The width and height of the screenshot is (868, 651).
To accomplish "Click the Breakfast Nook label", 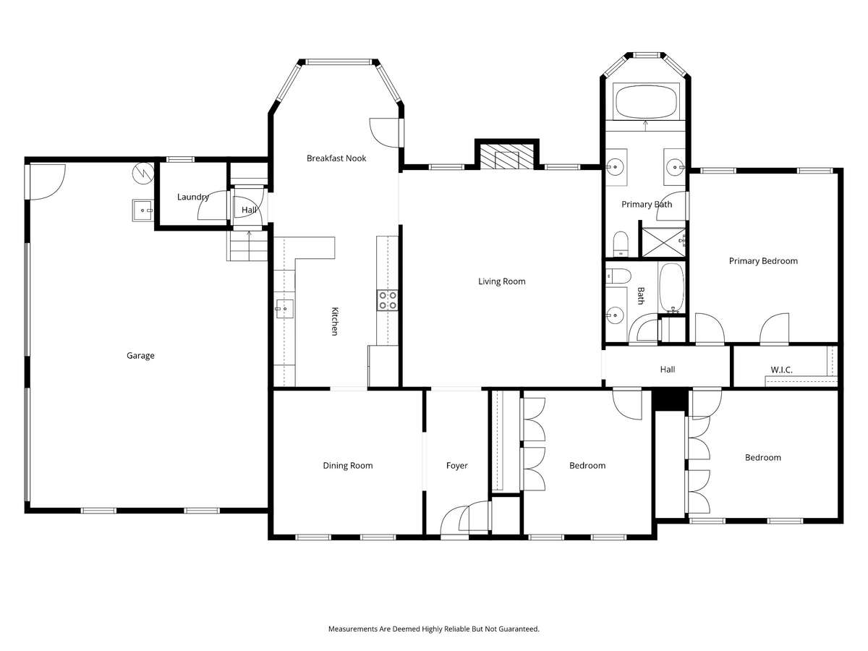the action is [x=336, y=158].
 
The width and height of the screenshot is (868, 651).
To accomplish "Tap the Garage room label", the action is [x=140, y=355].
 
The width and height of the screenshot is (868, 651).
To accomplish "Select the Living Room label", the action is [x=502, y=281].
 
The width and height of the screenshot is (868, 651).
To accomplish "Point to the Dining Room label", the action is [x=348, y=465].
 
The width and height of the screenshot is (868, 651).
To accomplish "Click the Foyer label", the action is [x=456, y=466].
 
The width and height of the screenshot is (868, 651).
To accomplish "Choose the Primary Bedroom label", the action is [x=763, y=261].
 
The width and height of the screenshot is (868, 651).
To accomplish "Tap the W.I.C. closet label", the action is [x=781, y=370].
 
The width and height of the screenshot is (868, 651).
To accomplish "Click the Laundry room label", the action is [x=193, y=197].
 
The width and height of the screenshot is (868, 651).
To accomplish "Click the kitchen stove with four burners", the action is [x=387, y=300].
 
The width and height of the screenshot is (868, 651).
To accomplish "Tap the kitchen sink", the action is [x=284, y=308].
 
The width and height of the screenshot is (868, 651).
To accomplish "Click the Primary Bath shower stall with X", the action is [x=663, y=242].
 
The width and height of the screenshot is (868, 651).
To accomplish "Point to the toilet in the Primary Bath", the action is [x=621, y=244].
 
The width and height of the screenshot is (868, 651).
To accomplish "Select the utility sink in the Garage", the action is [x=142, y=210].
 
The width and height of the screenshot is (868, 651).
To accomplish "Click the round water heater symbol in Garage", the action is [x=142, y=173].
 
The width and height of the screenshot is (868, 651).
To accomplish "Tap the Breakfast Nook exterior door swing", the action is [x=384, y=132].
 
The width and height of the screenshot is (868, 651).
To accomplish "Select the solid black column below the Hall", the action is [x=670, y=400].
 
